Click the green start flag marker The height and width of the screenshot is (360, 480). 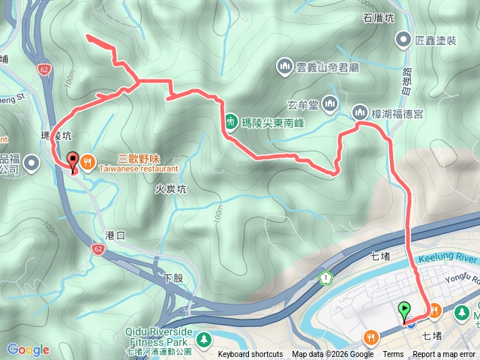coord(405,309)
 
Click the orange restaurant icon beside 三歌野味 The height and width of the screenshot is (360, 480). coord(88,160)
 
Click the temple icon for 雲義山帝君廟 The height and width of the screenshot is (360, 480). coord(283,66)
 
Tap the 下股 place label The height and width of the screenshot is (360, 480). coord(173,278)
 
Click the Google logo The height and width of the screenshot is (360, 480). coord(28,349)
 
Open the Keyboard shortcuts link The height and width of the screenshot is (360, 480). coord(250,355)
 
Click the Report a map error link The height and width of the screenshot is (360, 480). coord(444,355)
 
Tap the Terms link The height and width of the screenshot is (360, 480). coord(393,355)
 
